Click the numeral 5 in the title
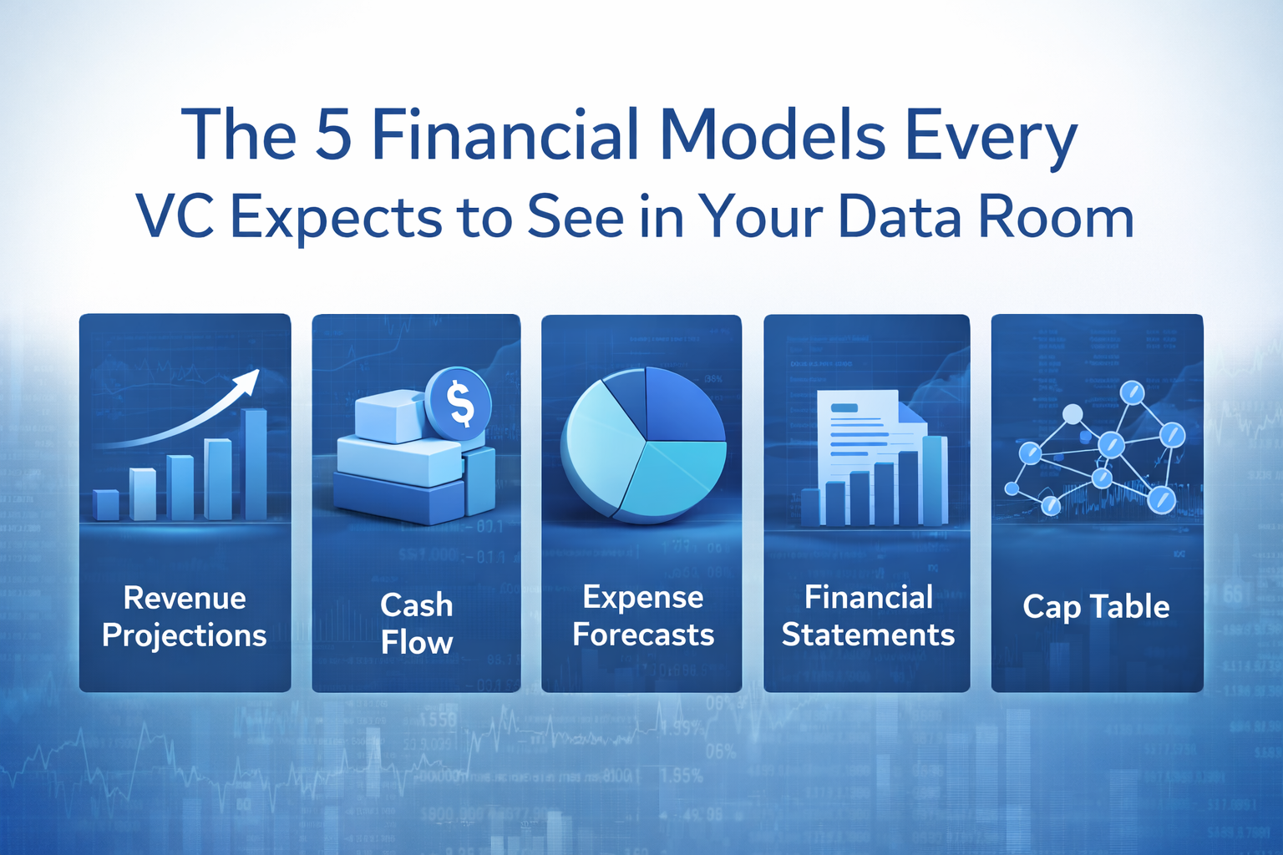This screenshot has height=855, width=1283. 333,134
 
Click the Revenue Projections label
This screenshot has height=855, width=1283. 185,616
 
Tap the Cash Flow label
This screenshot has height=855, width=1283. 416,624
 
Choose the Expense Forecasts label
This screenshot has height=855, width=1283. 642,615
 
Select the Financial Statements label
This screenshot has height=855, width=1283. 868,615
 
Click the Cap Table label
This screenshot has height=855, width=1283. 1096,607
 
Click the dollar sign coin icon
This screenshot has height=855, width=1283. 459,403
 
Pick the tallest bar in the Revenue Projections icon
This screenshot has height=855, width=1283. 255,463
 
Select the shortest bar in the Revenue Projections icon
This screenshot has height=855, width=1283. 106,504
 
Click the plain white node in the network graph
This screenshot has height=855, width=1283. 1073,414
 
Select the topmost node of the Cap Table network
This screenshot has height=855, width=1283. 1132,392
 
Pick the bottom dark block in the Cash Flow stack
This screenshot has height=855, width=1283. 399,499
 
